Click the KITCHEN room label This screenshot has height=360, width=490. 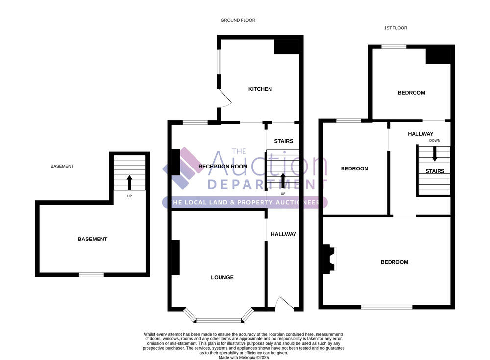point(260,89)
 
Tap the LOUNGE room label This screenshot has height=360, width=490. point(222,277)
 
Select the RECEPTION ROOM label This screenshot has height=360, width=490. point(223,166)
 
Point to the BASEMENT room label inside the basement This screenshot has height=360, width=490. point(93,239)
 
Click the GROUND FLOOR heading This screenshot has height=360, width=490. point(238,20)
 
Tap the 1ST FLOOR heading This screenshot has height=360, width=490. point(395,28)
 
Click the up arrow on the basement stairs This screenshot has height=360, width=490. point(129,183)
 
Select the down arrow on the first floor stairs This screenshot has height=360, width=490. point(434,154)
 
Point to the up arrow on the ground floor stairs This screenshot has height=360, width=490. point(283,181)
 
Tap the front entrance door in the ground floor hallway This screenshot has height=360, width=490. point(285,304)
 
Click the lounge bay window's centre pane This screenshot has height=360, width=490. point(219,320)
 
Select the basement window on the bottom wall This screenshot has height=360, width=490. point(91,275)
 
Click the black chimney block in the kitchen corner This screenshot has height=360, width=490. point(287,47)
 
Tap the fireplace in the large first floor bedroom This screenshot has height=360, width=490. point(329,259)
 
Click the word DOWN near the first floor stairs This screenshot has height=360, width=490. point(434,141)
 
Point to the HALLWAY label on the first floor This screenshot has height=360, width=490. point(420,134)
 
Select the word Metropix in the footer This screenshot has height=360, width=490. point(247,358)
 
